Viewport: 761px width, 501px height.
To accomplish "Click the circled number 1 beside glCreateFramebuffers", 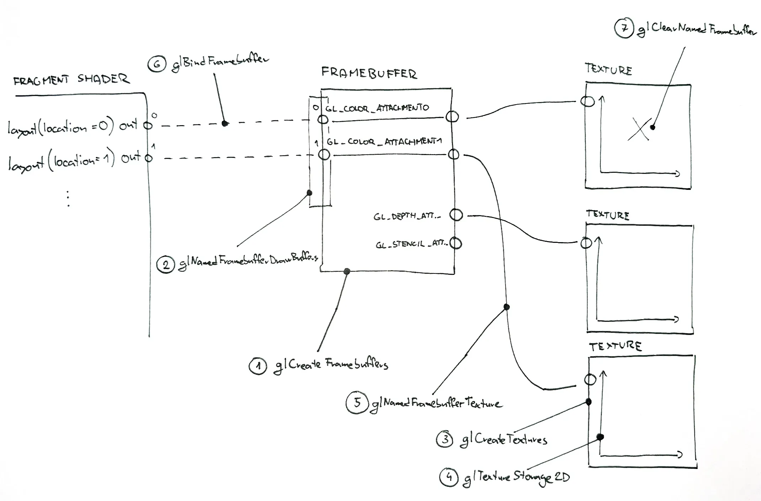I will click(x=258, y=366).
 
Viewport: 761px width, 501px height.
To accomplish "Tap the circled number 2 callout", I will click(x=166, y=265).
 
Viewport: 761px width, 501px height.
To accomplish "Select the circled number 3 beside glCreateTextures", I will click(x=445, y=439).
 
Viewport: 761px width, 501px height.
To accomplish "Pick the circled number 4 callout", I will click(x=449, y=477).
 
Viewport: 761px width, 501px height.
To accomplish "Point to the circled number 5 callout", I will click(x=357, y=403).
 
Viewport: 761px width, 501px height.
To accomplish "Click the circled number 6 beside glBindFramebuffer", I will click(x=157, y=64).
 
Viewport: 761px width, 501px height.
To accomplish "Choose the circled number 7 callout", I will click(x=624, y=28).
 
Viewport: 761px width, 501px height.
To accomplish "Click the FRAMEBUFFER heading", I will click(x=369, y=73).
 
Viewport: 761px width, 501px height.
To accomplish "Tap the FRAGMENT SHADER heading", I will click(x=71, y=80).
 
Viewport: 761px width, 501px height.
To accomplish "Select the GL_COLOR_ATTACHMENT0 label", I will click(x=377, y=108).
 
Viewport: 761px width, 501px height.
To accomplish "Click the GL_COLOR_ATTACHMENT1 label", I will click(x=384, y=142).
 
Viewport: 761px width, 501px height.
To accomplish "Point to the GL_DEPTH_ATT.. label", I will click(x=407, y=216).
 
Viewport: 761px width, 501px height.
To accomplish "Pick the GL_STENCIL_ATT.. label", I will click(x=411, y=244).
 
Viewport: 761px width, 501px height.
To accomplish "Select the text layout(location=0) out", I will click(x=72, y=127).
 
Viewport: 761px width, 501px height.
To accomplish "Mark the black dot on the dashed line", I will click(x=225, y=123).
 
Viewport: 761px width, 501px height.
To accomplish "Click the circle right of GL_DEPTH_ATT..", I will click(x=456, y=215).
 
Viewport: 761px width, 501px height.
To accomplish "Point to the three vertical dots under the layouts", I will click(x=68, y=199).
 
